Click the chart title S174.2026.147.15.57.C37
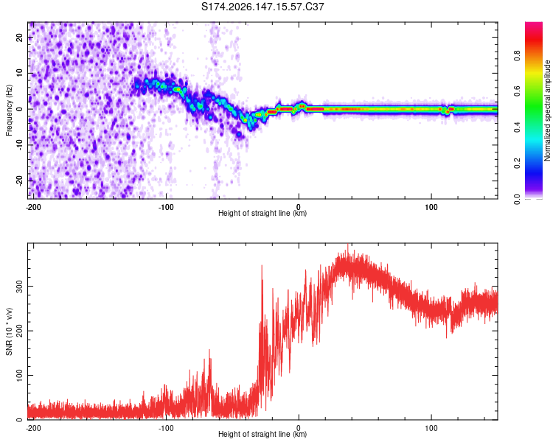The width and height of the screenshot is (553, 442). (x=262, y=7)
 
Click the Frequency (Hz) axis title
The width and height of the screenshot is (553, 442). (x=9, y=110)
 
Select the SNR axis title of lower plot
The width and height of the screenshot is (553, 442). (x=9, y=331)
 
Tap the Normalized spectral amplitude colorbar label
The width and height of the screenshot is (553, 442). (x=547, y=110)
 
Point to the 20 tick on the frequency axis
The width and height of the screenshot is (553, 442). (x=20, y=37)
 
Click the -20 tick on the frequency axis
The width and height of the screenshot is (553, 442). (x=20, y=180)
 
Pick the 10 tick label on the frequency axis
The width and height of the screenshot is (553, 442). (x=20, y=73)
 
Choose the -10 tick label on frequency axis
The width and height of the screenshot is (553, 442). (x=20, y=145)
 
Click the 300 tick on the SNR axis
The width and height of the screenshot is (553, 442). (x=20, y=287)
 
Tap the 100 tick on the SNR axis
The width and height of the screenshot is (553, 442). (x=20, y=375)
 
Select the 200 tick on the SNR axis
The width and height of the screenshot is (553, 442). (x=20, y=331)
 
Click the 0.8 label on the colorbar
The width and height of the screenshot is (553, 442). (x=517, y=56)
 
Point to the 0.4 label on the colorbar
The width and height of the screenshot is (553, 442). (x=517, y=127)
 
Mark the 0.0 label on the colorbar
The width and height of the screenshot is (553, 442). (x=517, y=199)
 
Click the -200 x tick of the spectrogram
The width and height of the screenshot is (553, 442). (x=33, y=207)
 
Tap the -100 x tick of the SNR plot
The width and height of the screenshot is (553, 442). (x=166, y=428)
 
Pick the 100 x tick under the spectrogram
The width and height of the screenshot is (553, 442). (x=431, y=207)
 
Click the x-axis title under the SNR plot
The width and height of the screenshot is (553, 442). (x=262, y=434)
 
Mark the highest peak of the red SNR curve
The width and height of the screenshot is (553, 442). (x=348, y=244)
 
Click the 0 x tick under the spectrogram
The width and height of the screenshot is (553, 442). (x=299, y=207)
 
